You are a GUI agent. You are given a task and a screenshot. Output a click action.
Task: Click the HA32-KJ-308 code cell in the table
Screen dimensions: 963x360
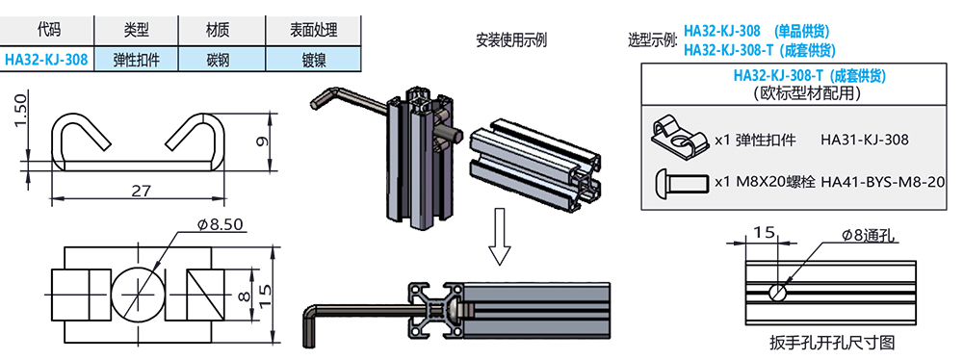[x=46, y=60]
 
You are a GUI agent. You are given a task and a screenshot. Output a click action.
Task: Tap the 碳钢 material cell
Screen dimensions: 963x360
[x=221, y=60]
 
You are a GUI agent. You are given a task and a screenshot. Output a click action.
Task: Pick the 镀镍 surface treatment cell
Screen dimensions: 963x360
[x=313, y=60]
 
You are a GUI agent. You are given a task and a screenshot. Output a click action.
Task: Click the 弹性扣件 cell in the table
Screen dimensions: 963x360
[x=136, y=60]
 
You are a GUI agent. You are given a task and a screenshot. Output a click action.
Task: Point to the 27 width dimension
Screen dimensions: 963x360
[x=142, y=190]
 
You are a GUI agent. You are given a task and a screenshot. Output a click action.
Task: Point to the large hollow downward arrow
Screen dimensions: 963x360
[x=499, y=237]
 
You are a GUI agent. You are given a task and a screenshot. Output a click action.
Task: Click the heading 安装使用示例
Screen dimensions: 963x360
[x=511, y=41]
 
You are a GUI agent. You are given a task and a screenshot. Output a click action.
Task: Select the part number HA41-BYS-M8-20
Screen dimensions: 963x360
[x=882, y=182]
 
